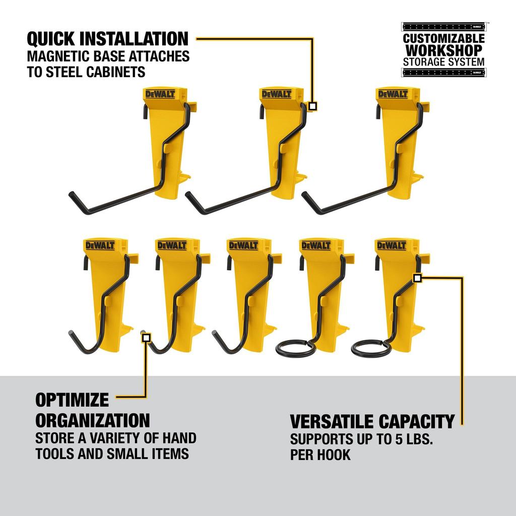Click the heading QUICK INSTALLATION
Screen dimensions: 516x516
107,39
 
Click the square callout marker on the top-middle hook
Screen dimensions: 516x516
313,106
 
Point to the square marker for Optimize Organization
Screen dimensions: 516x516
146,338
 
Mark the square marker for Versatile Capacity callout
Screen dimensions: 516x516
417,277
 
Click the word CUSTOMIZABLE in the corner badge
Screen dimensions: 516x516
443,39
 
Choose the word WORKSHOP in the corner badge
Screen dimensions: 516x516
443,50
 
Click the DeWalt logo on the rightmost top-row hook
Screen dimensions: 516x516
392,95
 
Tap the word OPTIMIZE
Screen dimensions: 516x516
72,401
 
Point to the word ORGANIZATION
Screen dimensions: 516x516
92,420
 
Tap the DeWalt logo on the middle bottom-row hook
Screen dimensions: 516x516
243,245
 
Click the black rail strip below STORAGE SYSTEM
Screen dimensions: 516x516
443,73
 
